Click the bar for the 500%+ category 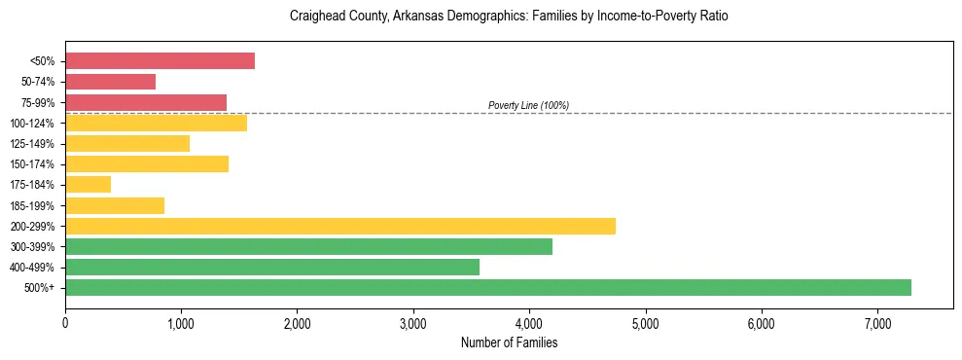[488, 287]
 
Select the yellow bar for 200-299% [340, 226]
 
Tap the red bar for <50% [160, 61]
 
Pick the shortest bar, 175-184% [88, 184]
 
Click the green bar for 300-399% [308, 246]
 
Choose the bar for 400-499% [272, 267]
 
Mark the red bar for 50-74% [110, 82]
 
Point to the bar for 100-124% [156, 123]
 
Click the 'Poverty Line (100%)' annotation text [528, 105]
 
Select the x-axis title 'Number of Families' [509, 342]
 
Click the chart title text [509, 17]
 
